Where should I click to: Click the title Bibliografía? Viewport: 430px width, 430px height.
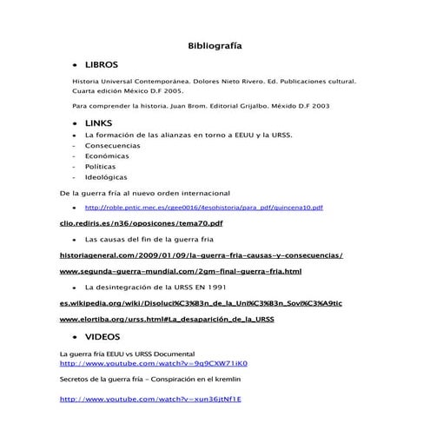(215, 45)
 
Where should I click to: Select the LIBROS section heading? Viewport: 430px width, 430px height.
(102, 65)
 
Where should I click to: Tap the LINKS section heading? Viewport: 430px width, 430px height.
(99, 124)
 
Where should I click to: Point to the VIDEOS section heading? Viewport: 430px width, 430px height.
(103, 336)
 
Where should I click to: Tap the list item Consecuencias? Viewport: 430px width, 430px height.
(112, 146)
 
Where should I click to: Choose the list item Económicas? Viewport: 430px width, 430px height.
(107, 156)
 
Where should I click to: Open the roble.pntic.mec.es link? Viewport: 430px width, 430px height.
(203, 208)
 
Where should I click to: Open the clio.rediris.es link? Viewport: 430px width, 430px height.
(141, 223)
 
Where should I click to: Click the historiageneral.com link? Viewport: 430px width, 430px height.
(201, 256)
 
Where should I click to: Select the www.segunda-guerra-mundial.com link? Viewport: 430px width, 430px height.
(180, 272)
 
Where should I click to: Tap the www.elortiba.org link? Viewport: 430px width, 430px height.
(167, 320)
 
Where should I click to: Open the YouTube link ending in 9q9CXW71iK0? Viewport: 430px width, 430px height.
(153, 364)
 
